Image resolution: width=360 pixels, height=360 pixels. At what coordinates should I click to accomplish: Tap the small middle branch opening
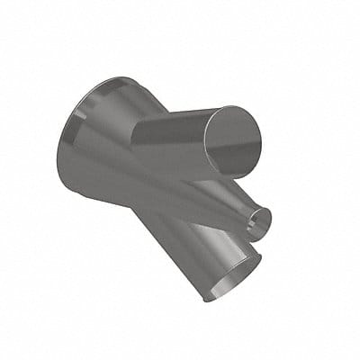click(x=259, y=219)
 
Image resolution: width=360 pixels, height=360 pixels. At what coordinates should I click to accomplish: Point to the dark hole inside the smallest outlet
click(x=260, y=220)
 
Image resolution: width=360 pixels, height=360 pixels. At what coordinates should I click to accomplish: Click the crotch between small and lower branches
click(x=236, y=236)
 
